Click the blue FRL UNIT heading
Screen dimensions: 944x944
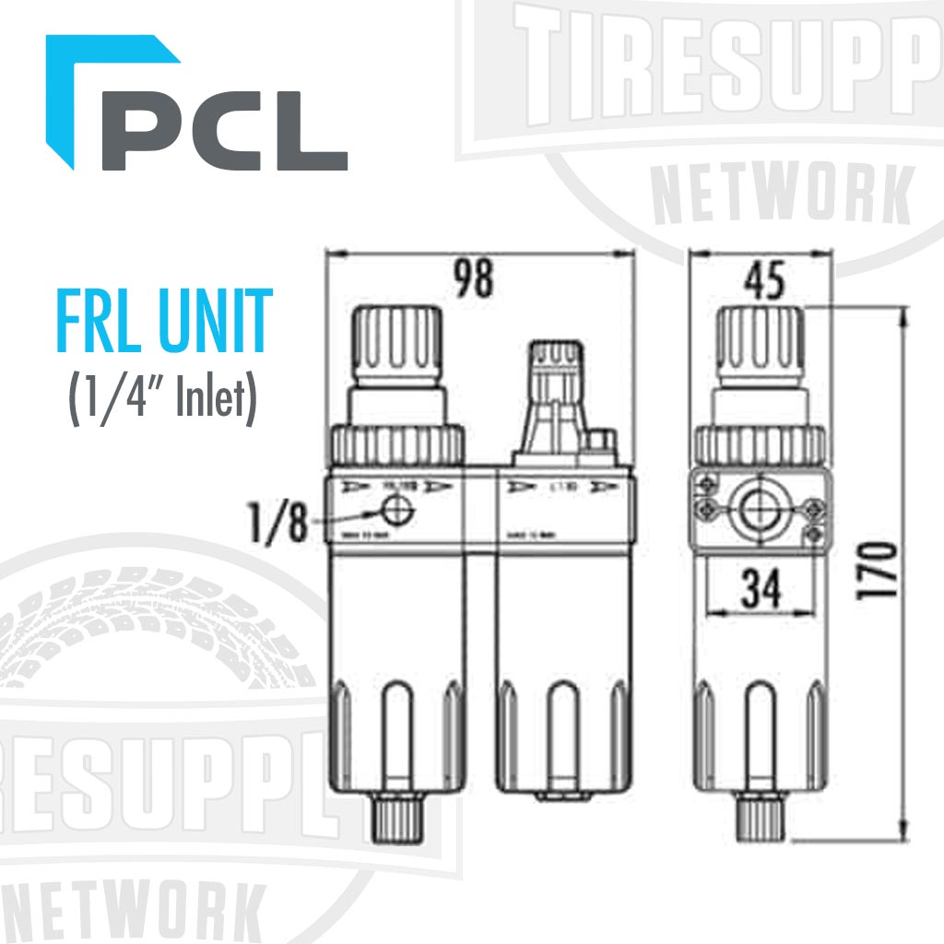[x=164, y=321]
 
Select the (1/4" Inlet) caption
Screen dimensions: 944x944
[x=162, y=399]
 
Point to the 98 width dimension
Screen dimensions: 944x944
[x=476, y=278]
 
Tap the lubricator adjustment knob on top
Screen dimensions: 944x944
[x=550, y=360]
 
